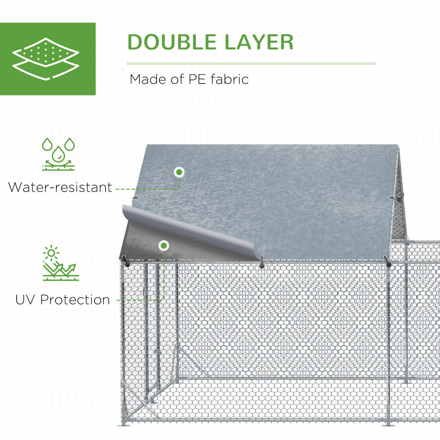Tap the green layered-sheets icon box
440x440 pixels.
[x=48, y=59]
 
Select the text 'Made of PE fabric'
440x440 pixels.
[x=189, y=80]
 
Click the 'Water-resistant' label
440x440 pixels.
[x=60, y=187]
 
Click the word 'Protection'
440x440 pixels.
[x=75, y=300]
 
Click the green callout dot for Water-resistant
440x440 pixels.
[x=179, y=172]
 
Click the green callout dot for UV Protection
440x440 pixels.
[x=164, y=246]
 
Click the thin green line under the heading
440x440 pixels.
[x=251, y=64]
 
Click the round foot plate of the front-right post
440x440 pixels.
[x=387, y=424]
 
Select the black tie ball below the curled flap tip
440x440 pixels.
[x=262, y=265]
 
